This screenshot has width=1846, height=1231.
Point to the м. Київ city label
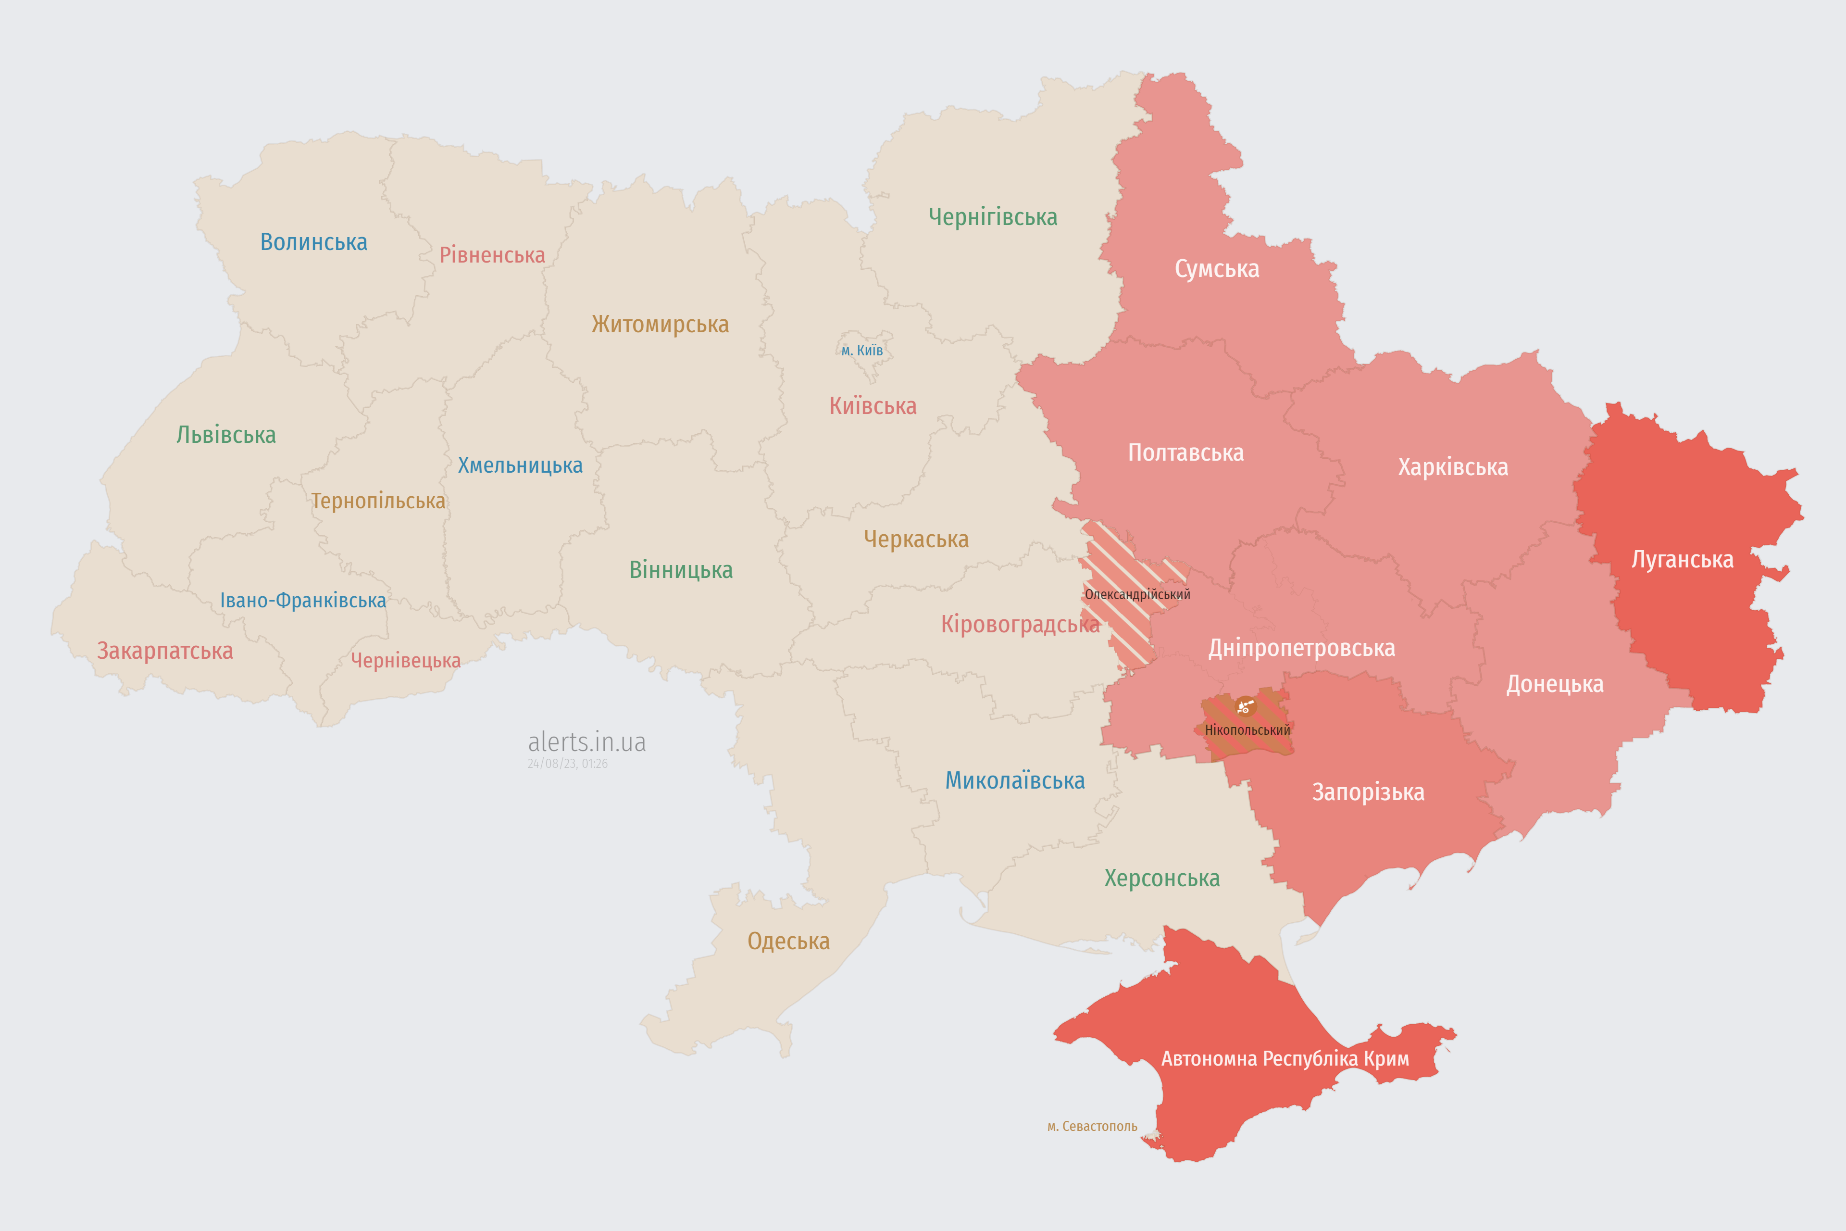coord(862,350)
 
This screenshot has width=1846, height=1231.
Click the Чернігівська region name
coord(992,217)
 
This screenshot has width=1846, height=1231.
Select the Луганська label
coord(1682,560)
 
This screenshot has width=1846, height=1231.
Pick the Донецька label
coord(1554,684)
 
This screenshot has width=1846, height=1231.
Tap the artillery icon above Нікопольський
coord(1245,706)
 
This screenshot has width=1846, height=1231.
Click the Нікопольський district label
coord(1247,730)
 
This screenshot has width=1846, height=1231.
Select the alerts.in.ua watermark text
coord(586,742)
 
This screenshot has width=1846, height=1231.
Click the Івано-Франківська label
coord(302,601)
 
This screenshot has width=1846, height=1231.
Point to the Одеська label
coord(788,942)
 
